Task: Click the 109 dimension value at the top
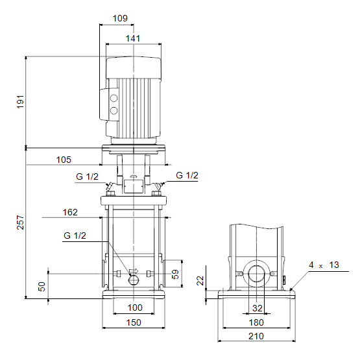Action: [120, 18]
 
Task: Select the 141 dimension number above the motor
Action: [133, 38]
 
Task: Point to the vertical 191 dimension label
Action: [20, 102]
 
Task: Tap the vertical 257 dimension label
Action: [20, 223]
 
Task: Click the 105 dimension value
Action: [64, 160]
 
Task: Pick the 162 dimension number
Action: [70, 212]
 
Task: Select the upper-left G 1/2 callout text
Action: [87, 176]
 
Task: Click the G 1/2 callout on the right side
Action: [187, 175]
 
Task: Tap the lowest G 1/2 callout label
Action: [75, 235]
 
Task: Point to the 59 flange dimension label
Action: [175, 274]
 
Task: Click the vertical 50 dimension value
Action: [42, 287]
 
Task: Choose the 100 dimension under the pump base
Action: [135, 308]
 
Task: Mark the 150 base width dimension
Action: [134, 323]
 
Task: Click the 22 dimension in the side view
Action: [200, 280]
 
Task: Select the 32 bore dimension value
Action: [258, 308]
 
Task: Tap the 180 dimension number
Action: [256, 323]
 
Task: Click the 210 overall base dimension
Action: [256, 336]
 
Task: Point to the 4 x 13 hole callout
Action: [324, 265]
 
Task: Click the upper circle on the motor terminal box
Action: [114, 99]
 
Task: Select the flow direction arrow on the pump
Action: [134, 271]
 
